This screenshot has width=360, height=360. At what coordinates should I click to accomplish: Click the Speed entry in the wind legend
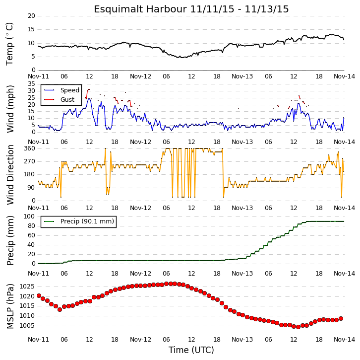click(70, 90)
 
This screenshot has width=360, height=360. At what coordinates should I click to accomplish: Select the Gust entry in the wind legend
click(67, 99)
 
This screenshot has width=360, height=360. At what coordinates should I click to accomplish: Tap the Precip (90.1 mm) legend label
click(87, 221)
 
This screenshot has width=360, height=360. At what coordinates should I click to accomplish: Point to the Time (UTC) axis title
click(191, 350)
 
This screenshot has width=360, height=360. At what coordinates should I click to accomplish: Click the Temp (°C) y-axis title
click(9, 44)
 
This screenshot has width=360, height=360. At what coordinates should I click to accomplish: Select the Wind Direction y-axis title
click(10, 175)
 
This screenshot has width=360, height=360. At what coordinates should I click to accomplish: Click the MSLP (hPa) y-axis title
click(10, 306)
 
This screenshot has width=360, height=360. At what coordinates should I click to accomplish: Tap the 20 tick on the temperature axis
click(31, 16)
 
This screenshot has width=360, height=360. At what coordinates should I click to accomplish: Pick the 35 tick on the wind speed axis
click(31, 84)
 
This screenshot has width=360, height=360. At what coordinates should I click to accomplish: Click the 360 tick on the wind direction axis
click(30, 148)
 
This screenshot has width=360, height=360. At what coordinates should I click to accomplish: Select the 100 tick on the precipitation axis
click(30, 216)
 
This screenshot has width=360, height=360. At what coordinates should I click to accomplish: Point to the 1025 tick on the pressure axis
click(27, 287)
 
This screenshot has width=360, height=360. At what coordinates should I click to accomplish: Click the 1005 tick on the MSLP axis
click(27, 326)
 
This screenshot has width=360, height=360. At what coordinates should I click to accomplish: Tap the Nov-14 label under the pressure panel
click(344, 340)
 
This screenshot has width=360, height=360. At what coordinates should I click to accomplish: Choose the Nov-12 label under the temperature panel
click(140, 76)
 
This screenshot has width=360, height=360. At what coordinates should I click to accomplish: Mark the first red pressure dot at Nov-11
click(39, 295)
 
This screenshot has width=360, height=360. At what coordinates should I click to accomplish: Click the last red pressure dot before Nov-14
click(341, 319)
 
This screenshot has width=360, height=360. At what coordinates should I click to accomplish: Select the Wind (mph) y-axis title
click(10, 109)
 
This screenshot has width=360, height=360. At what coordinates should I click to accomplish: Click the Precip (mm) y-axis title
click(10, 240)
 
